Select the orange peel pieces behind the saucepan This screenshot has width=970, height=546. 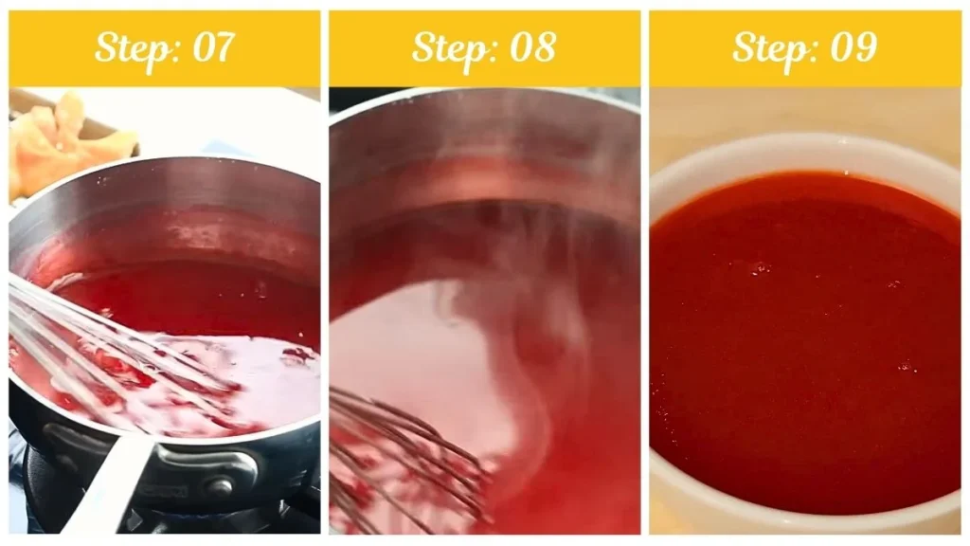pyautogui.click(x=66, y=142)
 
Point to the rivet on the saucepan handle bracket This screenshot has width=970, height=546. pyautogui.click(x=220, y=485)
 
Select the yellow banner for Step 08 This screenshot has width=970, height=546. pyautogui.click(x=606, y=47)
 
